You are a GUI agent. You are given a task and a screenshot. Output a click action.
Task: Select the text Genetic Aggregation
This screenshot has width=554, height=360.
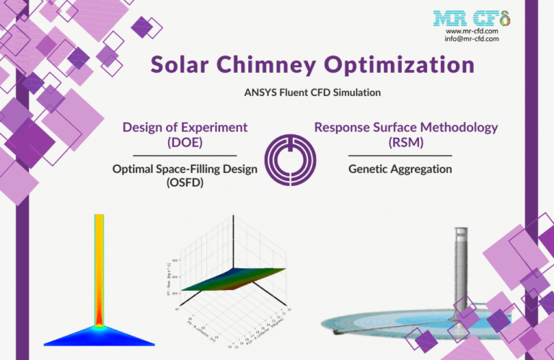[400, 168]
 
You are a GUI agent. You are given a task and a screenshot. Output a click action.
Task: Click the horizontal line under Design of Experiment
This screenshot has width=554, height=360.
[185, 155]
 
